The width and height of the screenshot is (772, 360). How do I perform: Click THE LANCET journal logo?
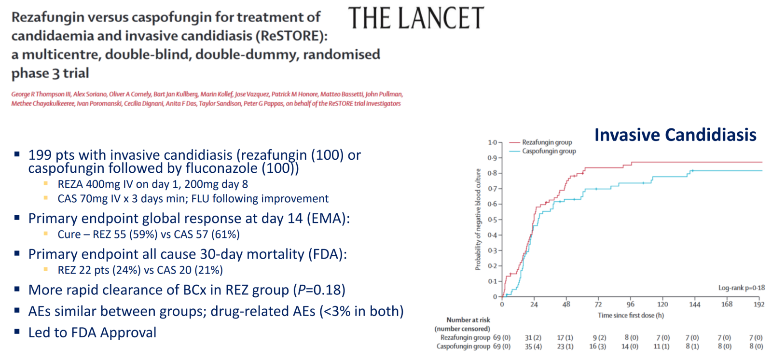click(x=416, y=19)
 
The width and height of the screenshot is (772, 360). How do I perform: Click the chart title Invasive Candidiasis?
click(x=675, y=135)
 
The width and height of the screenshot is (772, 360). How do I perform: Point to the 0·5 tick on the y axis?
click(x=492, y=220)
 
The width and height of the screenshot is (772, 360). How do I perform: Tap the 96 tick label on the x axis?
click(x=630, y=305)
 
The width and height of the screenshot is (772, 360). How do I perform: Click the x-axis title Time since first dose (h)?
click(x=631, y=316)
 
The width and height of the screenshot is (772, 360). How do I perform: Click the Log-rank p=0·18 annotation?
click(x=741, y=288)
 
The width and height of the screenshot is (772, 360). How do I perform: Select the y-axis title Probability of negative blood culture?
click(x=478, y=219)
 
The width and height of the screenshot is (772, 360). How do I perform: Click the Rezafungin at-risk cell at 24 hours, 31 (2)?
click(x=533, y=338)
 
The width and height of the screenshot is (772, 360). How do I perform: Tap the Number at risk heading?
click(x=468, y=320)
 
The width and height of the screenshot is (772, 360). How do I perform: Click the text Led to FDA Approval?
click(x=92, y=332)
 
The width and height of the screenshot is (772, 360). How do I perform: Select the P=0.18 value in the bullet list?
click(x=319, y=290)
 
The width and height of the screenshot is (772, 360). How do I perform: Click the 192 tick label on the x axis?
click(x=759, y=305)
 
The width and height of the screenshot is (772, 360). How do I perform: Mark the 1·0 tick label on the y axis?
click(x=492, y=143)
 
